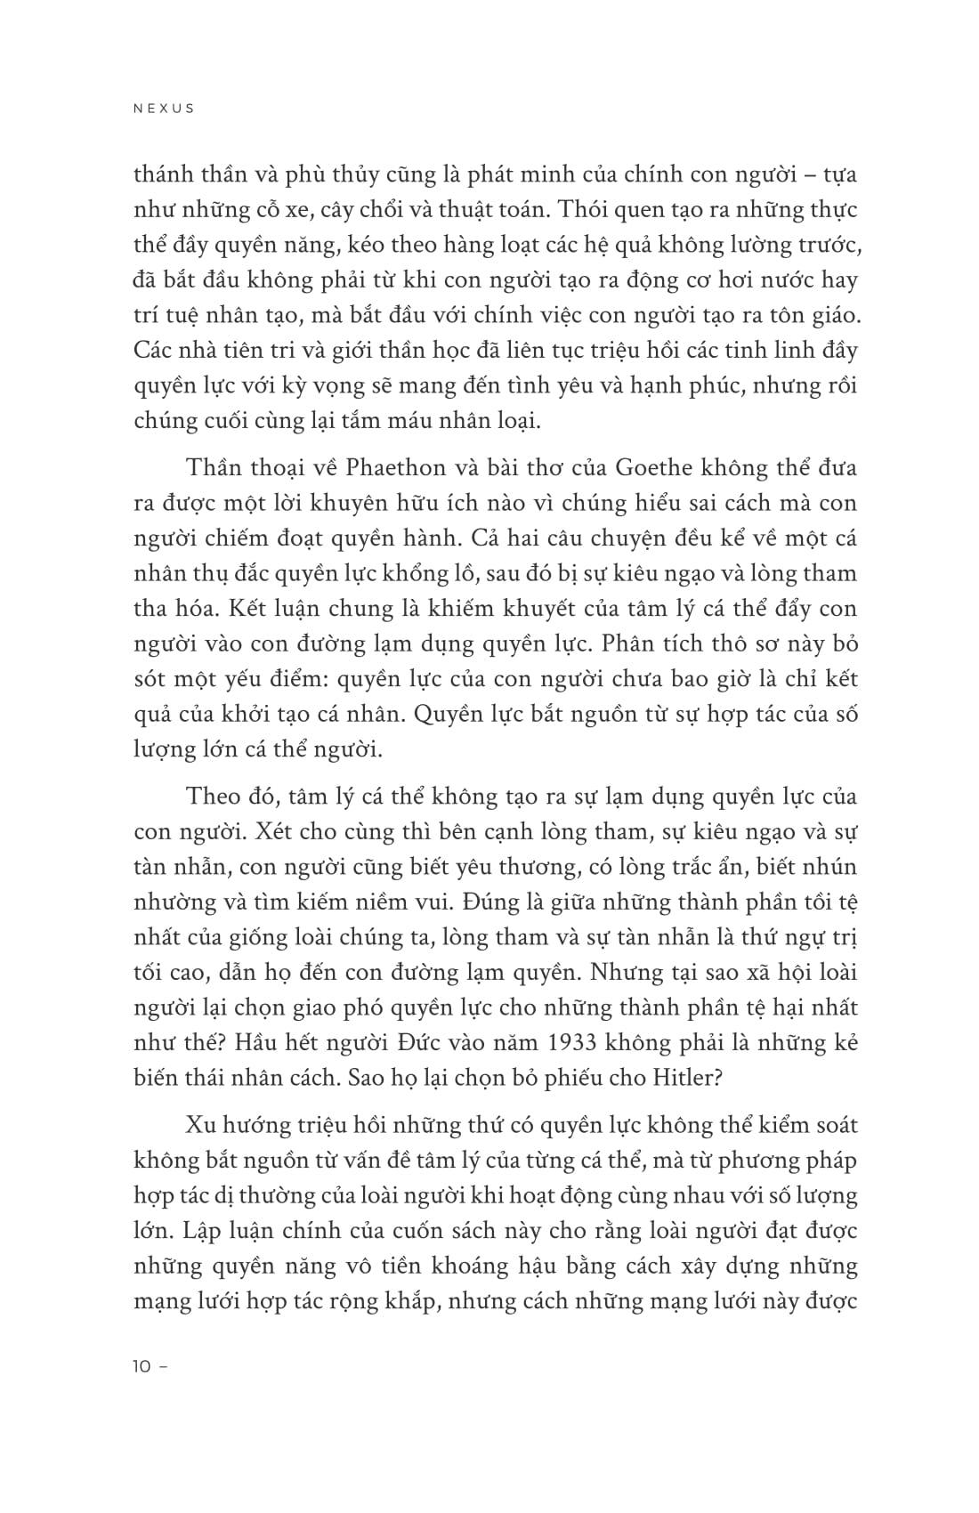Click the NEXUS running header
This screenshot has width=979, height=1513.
click(163, 109)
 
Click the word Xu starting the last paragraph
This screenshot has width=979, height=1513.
click(201, 1125)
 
